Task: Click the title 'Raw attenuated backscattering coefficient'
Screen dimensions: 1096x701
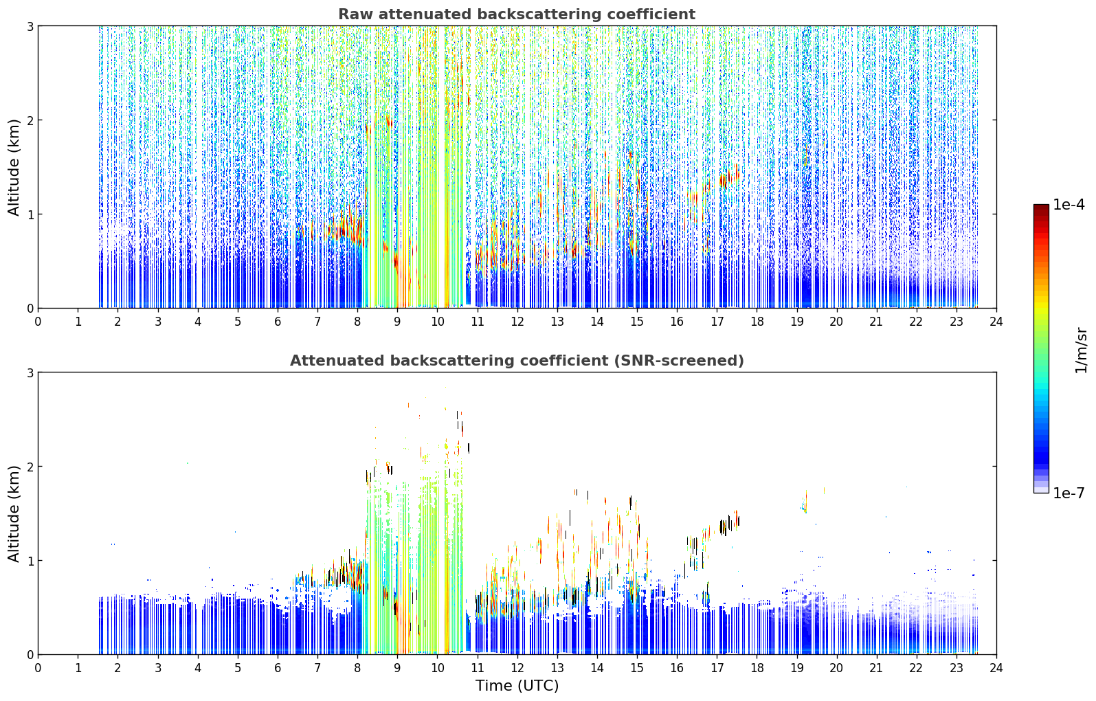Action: click(517, 14)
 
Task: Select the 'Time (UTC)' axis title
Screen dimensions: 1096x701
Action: click(517, 686)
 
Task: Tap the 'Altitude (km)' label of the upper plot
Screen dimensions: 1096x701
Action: click(14, 167)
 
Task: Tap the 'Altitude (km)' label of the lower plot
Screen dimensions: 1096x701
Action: click(14, 513)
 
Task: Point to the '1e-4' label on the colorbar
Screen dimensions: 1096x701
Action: click(1069, 205)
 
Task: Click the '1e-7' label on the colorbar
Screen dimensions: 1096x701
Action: click(1069, 493)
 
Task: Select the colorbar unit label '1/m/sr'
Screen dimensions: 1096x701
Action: click(1081, 350)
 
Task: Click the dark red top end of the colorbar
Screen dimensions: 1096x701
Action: click(1041, 207)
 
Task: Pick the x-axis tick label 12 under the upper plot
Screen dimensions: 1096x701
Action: click(517, 322)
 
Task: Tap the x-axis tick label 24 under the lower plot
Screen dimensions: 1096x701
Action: click(996, 668)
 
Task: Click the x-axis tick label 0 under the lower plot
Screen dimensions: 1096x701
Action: click(38, 668)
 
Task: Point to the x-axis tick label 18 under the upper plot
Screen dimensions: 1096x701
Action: click(757, 322)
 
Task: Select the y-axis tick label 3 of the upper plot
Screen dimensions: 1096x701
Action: click(30, 26)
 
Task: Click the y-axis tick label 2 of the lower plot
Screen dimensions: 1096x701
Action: click(30, 467)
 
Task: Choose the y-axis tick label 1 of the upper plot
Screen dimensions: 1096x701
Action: click(30, 214)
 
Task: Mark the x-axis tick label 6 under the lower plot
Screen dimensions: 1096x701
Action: click(278, 668)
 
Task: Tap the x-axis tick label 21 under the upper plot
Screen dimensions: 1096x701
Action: click(876, 322)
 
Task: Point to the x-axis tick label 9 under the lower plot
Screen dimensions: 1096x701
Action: click(397, 668)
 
